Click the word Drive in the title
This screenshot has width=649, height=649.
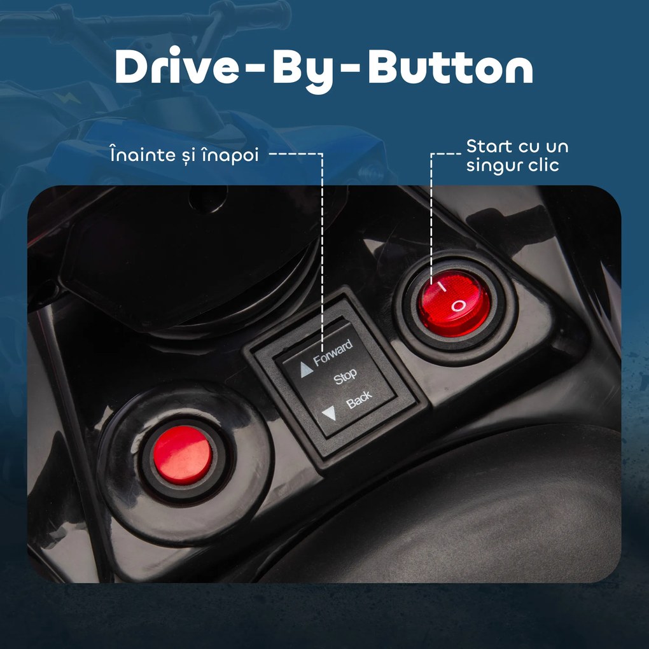(177, 66)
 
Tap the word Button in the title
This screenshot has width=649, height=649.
(450, 67)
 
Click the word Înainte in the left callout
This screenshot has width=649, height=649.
(143, 154)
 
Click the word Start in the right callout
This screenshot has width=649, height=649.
(489, 146)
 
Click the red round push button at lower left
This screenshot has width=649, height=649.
(183, 455)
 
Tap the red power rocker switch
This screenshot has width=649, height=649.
(454, 303)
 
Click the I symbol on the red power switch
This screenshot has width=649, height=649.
(442, 287)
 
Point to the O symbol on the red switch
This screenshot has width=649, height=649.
(458, 306)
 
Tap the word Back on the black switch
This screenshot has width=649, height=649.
(359, 400)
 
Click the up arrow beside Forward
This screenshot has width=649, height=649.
(306, 370)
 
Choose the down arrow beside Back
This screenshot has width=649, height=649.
(330, 413)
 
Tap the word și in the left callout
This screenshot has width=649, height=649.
(188, 157)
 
